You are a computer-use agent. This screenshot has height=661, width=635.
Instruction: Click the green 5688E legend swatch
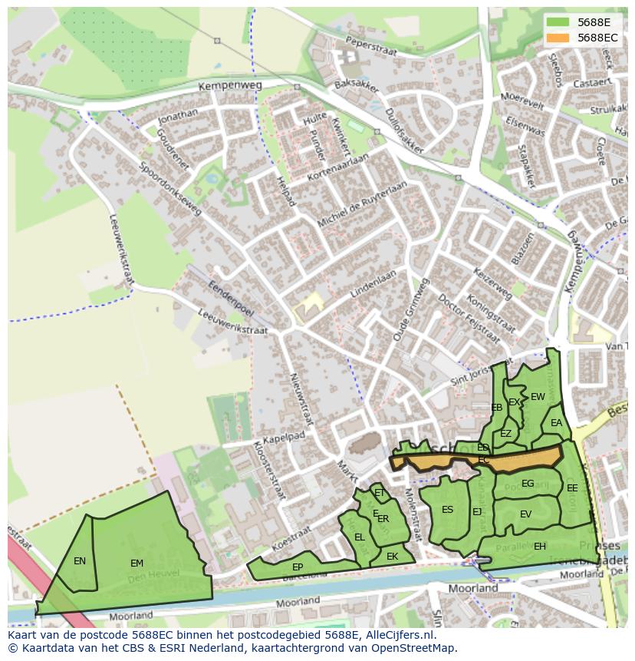[558, 22]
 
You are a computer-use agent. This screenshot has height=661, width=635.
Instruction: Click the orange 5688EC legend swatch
[558, 38]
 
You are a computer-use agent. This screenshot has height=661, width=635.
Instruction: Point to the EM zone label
[137, 564]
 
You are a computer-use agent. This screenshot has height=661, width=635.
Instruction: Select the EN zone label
[80, 561]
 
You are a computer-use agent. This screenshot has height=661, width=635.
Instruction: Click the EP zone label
[298, 567]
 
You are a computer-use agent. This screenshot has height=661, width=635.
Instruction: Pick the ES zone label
[447, 510]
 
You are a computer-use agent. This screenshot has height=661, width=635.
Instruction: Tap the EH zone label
[540, 547]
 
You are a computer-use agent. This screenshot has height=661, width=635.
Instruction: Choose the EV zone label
[525, 514]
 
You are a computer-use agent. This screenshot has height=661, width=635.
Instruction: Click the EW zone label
[538, 397]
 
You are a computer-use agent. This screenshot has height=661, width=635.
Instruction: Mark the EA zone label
[556, 423]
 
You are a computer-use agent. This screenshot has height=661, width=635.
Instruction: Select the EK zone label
[392, 557]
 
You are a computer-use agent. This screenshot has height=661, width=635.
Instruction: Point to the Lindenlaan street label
[373, 284]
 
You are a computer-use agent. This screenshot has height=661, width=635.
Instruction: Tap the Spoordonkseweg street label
[169, 188]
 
